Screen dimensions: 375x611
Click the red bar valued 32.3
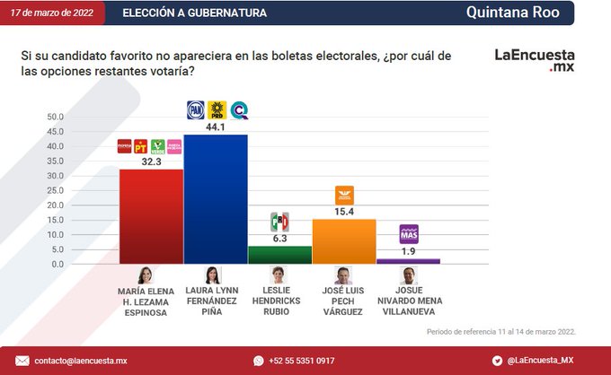[151, 215]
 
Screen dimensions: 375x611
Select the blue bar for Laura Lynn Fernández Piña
[215, 198]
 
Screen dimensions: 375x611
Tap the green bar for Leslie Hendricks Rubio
[279, 255]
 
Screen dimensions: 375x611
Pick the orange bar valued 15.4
[343, 241]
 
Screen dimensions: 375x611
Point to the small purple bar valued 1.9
[408, 261]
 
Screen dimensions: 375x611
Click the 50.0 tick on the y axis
[55, 117]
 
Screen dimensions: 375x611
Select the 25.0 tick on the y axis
[55, 190]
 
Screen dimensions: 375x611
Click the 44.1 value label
[216, 126]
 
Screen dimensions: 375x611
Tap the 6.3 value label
[279, 239]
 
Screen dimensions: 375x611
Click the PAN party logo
[195, 109]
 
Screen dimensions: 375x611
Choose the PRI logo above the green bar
[279, 222]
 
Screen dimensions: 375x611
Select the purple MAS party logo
[408, 234]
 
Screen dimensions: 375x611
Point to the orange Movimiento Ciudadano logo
[344, 195]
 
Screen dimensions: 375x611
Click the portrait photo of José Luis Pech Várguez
[343, 275]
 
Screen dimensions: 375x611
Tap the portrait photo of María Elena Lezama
[145, 275]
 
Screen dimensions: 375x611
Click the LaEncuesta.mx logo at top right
[535, 60]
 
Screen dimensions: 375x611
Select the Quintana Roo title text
[512, 13]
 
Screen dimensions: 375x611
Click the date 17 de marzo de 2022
[51, 13]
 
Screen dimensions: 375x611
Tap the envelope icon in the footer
[22, 361]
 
